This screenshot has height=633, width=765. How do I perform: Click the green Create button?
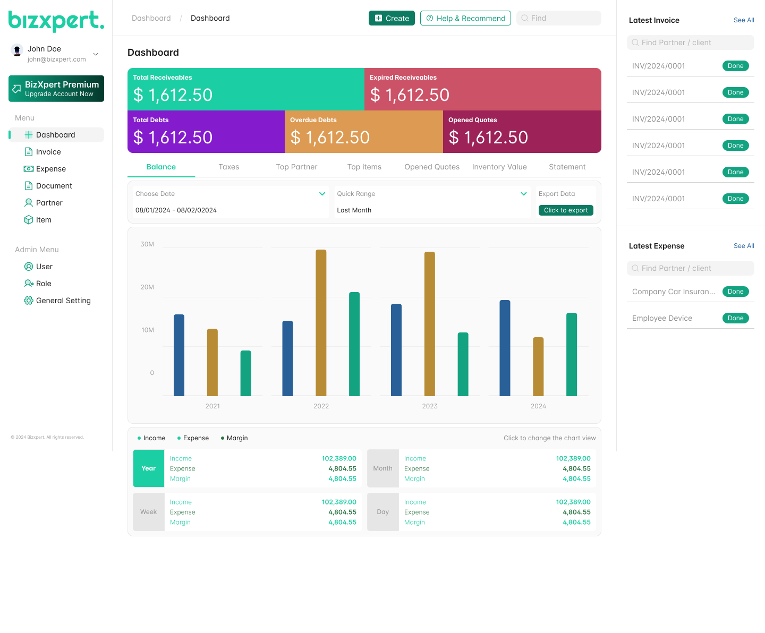coord(392,18)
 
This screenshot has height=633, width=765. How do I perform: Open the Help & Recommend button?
coord(465,18)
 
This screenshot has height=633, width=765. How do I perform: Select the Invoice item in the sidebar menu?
coord(48,152)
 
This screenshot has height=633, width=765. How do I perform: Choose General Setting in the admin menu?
coord(63,301)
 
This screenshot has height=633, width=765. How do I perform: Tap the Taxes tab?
coord(229,167)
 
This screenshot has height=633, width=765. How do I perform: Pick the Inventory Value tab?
coord(499,167)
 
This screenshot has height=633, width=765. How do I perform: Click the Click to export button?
coord(566,210)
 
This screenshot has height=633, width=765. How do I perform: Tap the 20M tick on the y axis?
coord(147,287)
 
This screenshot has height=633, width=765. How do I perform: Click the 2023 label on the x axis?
coord(430,406)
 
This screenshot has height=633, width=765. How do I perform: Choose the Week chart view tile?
coord(149,512)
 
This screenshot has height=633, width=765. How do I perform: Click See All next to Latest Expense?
coord(744,246)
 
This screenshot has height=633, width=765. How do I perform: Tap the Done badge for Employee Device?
coord(735,318)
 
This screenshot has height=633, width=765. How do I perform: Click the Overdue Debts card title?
coord(313,120)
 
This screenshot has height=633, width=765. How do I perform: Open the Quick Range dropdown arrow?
coord(524,194)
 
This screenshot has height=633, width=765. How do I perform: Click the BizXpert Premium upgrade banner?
coord(56,89)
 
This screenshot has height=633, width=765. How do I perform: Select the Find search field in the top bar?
coord(559,18)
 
